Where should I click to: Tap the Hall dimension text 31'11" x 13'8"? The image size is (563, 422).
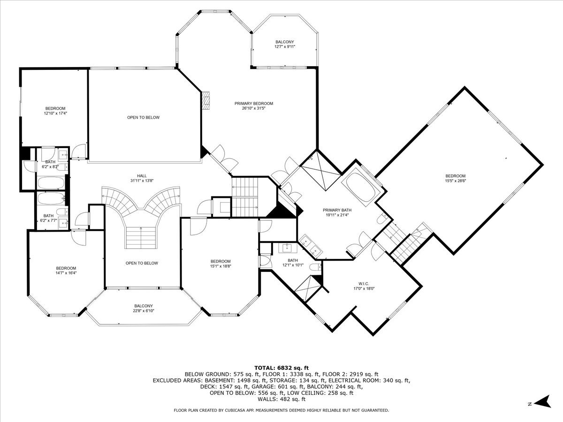pyautogui.click(x=142, y=181)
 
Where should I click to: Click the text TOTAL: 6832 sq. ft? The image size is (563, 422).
pyautogui.click(x=281, y=368)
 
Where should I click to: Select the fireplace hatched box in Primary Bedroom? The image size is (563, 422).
pyautogui.click(x=205, y=100)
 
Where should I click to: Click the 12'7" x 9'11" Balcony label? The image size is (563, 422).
pyautogui.click(x=285, y=45)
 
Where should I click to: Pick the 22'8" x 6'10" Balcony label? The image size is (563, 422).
pyautogui.click(x=144, y=308)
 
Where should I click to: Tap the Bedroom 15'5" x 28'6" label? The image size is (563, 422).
pyautogui.click(x=456, y=178)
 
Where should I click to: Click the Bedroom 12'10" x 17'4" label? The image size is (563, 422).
pyautogui.click(x=55, y=111)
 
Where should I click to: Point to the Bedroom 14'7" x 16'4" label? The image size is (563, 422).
pyautogui.click(x=66, y=271)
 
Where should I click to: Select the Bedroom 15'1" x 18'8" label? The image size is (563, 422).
pyautogui.click(x=221, y=264)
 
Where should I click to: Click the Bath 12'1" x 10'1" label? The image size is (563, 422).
pyautogui.click(x=293, y=263)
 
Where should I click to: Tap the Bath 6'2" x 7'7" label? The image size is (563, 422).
pyautogui.click(x=48, y=218)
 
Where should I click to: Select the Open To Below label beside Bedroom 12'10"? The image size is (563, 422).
pyautogui.click(x=144, y=117)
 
